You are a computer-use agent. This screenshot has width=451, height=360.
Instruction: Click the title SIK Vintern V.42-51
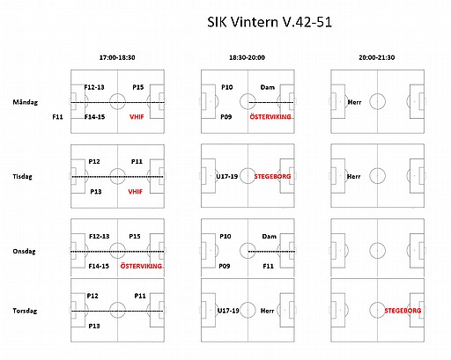[x=270, y=22]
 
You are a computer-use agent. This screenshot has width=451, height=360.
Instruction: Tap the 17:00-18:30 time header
[x=117, y=57]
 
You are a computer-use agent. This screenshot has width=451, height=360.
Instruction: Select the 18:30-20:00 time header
[x=247, y=57]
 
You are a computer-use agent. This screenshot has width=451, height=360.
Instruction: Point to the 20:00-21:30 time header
[x=377, y=57]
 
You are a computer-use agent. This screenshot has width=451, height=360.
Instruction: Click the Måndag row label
[x=26, y=102]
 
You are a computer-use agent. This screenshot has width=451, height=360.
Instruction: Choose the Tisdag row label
[x=22, y=177]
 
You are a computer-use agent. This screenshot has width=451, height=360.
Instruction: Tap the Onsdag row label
[x=24, y=252]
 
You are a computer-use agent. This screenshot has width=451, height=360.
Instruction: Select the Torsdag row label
[x=25, y=311]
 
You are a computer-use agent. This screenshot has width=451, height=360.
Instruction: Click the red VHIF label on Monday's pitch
[x=137, y=117]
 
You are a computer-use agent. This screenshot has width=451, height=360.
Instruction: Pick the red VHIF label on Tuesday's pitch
[x=135, y=192]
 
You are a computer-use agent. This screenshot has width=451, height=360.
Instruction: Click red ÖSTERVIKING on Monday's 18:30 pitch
[x=270, y=117]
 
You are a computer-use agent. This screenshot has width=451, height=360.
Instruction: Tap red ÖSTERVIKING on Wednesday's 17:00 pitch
[x=141, y=266]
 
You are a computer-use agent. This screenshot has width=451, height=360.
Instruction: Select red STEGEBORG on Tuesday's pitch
[x=272, y=176]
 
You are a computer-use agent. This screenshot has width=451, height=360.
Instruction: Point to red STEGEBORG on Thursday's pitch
[x=403, y=311]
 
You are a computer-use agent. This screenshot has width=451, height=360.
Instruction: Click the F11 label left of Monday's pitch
[x=57, y=117]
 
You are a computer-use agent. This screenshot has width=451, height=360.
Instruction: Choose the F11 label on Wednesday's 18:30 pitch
[x=268, y=266]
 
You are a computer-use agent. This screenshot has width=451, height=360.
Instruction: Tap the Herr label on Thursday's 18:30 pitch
[x=267, y=311]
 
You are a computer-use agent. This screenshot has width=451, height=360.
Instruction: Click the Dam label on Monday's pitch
[x=268, y=87]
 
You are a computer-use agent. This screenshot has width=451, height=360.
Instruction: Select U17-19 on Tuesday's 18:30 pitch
[x=227, y=176]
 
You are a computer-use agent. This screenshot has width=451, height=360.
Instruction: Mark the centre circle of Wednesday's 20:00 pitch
[x=377, y=243]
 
